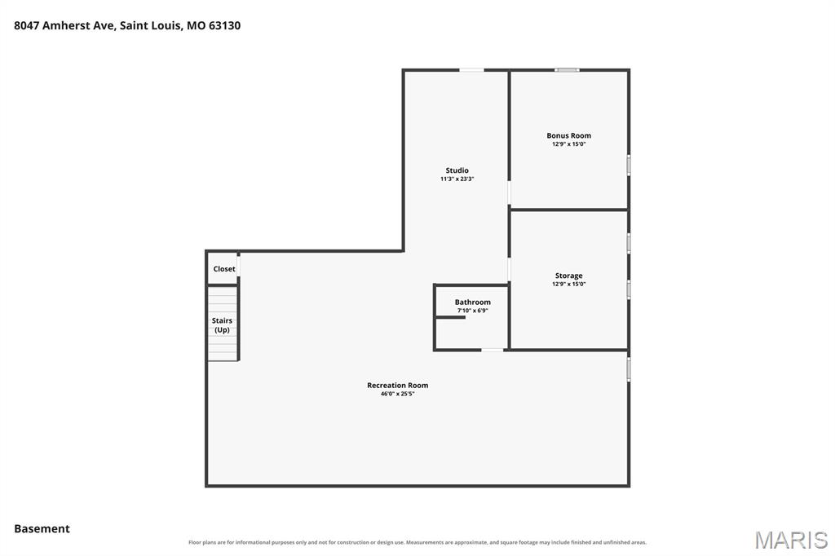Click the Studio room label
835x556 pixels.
click(457, 170)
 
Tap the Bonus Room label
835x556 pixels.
click(568, 135)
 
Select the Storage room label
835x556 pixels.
click(568, 276)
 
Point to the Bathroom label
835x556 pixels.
click(472, 302)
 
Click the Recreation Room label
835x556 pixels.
click(397, 385)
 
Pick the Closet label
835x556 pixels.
click(224, 269)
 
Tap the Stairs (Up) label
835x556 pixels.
click(222, 324)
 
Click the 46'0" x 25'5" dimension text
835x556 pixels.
click(397, 394)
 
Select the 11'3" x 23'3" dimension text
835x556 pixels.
click(457, 179)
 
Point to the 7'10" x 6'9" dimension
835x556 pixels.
click(472, 311)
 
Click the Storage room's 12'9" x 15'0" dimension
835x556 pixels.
click(568, 285)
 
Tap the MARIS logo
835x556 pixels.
click(791, 540)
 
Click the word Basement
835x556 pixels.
click(42, 529)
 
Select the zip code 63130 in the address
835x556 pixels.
click(224, 25)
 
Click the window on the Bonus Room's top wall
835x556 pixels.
click(567, 70)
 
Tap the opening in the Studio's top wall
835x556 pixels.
click(472, 70)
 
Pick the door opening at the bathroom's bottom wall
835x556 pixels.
click(492, 350)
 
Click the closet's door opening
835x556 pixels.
click(239, 265)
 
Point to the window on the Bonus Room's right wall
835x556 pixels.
click(629, 165)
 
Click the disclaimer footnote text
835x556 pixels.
click(417, 542)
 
